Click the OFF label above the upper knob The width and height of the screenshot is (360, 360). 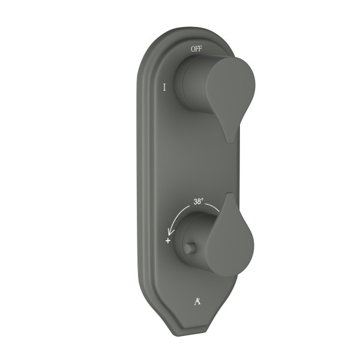(x=197, y=49)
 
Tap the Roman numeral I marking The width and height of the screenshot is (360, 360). (x=164, y=87)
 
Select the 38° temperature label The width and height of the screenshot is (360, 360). (x=199, y=202)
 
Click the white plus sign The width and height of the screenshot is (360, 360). (x=168, y=241)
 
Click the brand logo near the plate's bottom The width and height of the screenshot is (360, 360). (x=197, y=301)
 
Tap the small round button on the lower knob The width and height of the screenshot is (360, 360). (x=190, y=248)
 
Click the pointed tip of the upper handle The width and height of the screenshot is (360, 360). (x=230, y=142)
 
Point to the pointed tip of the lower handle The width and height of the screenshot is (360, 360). (x=230, y=194)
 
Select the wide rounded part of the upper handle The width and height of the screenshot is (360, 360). (x=231, y=85)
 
